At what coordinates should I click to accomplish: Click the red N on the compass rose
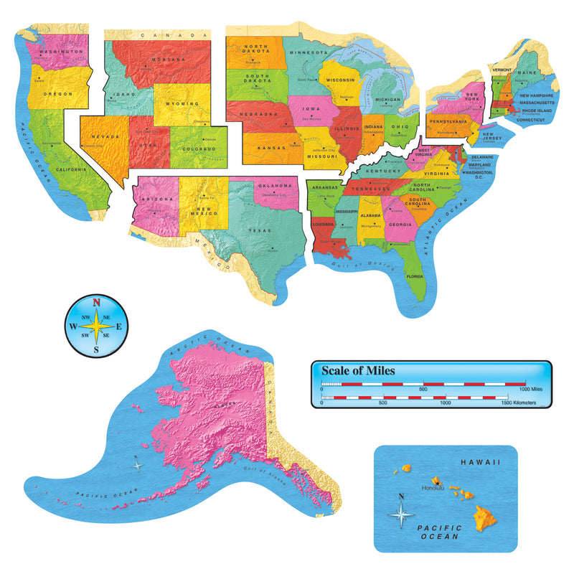97,303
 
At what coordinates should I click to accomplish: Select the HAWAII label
480,463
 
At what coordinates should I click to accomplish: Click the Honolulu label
433,489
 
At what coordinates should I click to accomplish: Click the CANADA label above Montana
157,35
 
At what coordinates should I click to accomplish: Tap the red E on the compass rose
119,326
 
